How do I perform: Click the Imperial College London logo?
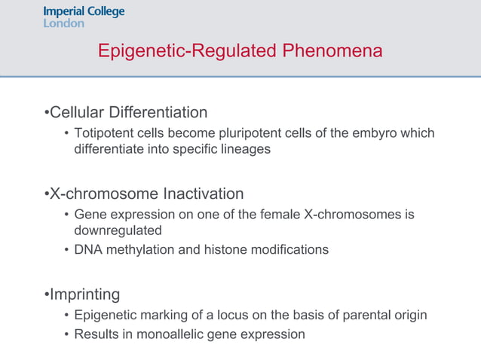pyautogui.click(x=84, y=17)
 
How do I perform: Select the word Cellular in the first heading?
pyautogui.click(x=77, y=113)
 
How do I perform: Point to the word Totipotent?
pyautogui.click(x=104, y=133)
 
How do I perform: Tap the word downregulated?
pyautogui.click(x=118, y=230)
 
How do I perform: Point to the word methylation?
pyautogui.click(x=139, y=249)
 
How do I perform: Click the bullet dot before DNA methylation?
pyautogui.click(x=66, y=249)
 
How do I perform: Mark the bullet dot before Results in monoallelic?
pyautogui.click(x=66, y=334)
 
